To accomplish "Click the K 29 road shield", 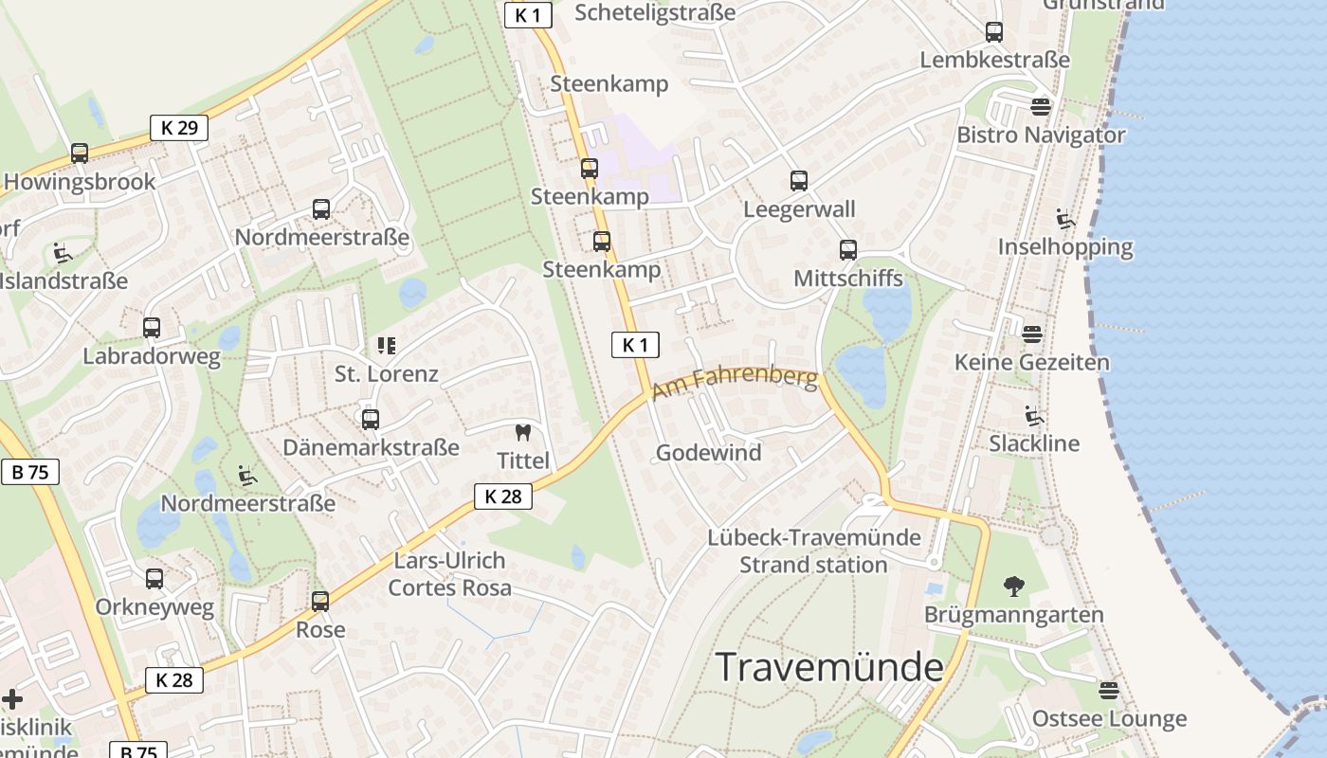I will (178, 128).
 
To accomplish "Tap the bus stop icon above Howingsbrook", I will (80, 153).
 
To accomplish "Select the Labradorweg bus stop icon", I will (152, 328).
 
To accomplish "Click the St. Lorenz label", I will (387, 373).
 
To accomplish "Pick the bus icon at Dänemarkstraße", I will (371, 419).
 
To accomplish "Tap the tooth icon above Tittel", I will (521, 433).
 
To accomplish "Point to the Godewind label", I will (708, 453).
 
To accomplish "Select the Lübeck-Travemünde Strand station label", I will (813, 551).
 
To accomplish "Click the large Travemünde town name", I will (829, 667).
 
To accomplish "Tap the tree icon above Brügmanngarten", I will (1014, 587).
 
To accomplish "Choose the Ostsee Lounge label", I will (1109, 718).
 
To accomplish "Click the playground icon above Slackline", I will (1034, 416).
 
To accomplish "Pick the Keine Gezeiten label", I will (1031, 362).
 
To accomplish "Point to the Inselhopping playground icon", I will (1065, 220).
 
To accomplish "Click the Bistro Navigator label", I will (1041, 135).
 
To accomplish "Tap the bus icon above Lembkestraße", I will (994, 32).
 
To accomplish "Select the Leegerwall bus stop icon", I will (799, 181).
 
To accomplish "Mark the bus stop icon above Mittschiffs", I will (848, 250).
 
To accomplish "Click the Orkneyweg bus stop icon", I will (155, 579).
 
